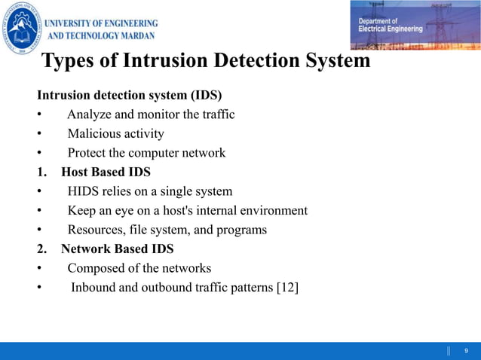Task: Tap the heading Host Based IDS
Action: pos(106,172)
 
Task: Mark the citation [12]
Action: pos(286,287)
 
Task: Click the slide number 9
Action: pos(467,351)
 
